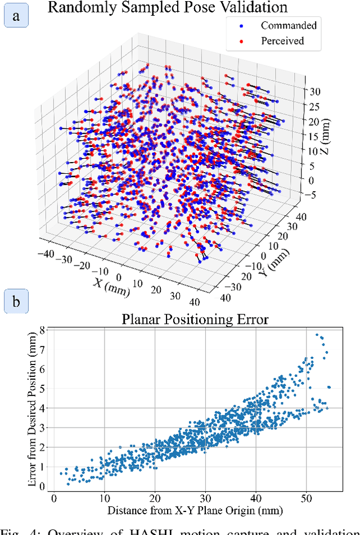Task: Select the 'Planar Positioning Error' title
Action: click(195, 320)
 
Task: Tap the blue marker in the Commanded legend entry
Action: click(241, 25)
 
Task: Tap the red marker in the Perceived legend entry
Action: click(241, 41)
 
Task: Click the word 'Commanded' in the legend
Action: click(289, 25)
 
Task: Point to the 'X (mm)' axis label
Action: click(113, 286)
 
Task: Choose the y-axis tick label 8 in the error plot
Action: click(43, 331)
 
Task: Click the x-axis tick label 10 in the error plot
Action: click(104, 498)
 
